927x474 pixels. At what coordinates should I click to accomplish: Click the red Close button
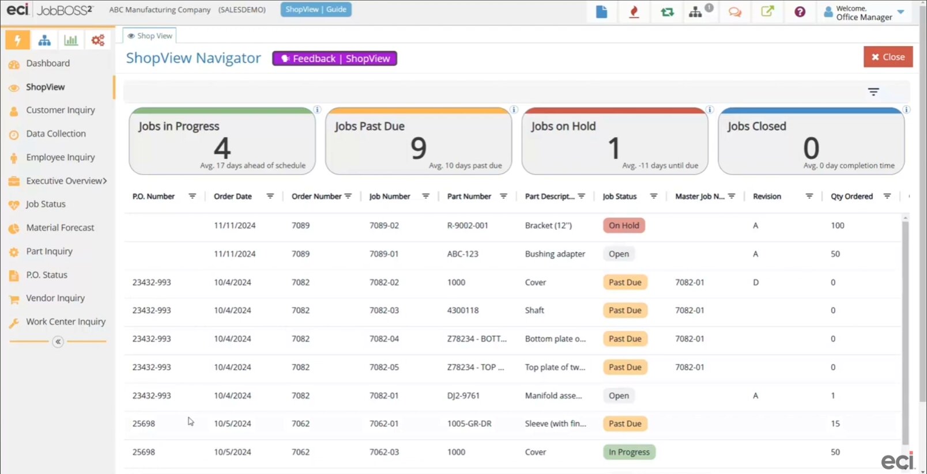pyautogui.click(x=888, y=57)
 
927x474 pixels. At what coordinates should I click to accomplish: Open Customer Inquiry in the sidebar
pyautogui.click(x=60, y=110)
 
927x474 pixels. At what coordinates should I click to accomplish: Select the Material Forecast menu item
pyautogui.click(x=60, y=227)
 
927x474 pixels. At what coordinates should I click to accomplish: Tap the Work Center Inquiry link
pyautogui.click(x=66, y=321)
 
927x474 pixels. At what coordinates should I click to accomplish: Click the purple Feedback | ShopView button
pyautogui.click(x=334, y=59)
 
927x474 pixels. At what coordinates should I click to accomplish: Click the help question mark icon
pyautogui.click(x=800, y=12)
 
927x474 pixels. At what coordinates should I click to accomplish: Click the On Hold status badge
pyautogui.click(x=624, y=225)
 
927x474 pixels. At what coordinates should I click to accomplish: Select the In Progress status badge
pyautogui.click(x=629, y=452)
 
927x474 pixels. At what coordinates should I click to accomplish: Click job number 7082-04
pyautogui.click(x=384, y=339)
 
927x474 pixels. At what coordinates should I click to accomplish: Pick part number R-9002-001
pyautogui.click(x=468, y=225)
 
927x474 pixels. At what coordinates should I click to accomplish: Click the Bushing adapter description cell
pyautogui.click(x=555, y=254)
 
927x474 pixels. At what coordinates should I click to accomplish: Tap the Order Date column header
pyautogui.click(x=233, y=196)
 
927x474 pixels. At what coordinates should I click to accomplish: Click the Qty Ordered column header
pyautogui.click(x=851, y=196)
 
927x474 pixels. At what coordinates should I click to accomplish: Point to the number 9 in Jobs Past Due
pyautogui.click(x=419, y=149)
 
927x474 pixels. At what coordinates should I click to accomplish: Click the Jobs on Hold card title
pyautogui.click(x=563, y=126)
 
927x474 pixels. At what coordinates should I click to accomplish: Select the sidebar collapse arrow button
pyautogui.click(x=58, y=342)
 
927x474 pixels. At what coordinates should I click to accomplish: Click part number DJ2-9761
pyautogui.click(x=463, y=396)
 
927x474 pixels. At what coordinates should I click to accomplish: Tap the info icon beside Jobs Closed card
pyautogui.click(x=906, y=109)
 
